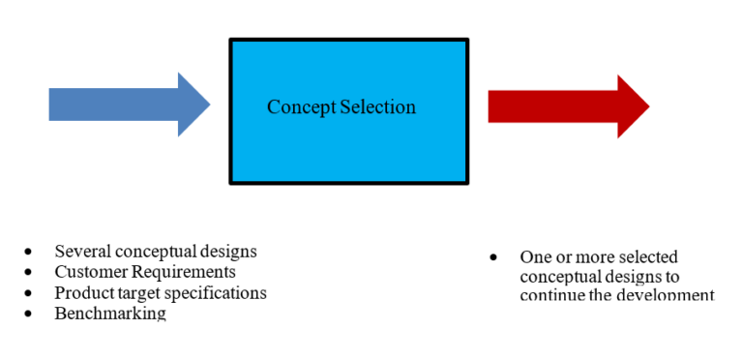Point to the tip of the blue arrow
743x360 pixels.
click(x=209, y=105)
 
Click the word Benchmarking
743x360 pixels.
click(x=110, y=314)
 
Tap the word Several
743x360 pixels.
click(x=82, y=251)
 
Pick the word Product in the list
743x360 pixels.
click(x=84, y=292)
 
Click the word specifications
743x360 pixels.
click(x=217, y=292)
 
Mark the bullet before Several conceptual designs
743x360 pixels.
click(x=30, y=252)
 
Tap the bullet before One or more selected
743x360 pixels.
click(x=494, y=258)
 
